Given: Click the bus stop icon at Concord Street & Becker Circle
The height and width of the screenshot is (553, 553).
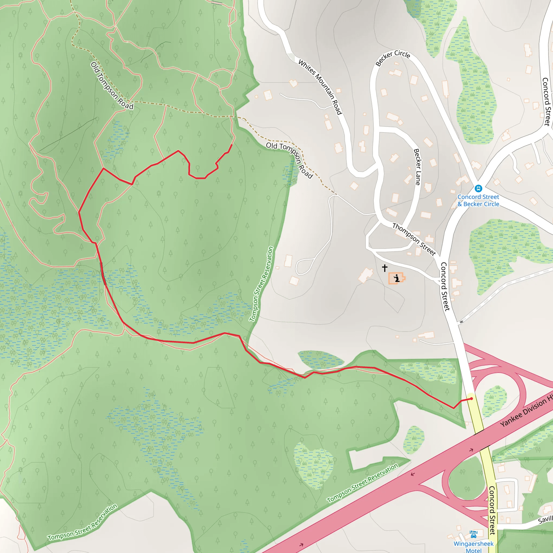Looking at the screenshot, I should (478, 188).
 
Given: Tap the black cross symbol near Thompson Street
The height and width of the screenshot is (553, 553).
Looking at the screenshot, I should (385, 268).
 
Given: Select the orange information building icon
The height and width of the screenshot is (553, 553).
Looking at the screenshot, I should (396, 278).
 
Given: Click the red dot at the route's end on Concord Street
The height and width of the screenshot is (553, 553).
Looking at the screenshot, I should (471, 399).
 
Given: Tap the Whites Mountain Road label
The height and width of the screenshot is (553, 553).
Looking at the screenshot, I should (320, 87).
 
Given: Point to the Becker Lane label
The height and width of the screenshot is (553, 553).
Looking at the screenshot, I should (417, 167).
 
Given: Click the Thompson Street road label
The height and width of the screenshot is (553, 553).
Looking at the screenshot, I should (414, 239).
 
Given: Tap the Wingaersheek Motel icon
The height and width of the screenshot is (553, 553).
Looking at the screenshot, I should (473, 534).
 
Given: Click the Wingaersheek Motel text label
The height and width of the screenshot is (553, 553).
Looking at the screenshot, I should (473, 547).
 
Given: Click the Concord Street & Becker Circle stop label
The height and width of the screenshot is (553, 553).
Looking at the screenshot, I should (478, 200).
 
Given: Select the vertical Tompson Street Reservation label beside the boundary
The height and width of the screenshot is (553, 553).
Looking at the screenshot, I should (261, 284).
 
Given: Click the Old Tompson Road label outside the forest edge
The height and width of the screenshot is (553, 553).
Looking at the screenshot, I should (290, 160).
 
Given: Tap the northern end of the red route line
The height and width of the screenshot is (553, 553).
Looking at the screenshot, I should (232, 144).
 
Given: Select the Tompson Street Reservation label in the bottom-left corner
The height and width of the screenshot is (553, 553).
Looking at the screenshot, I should (82, 523).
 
